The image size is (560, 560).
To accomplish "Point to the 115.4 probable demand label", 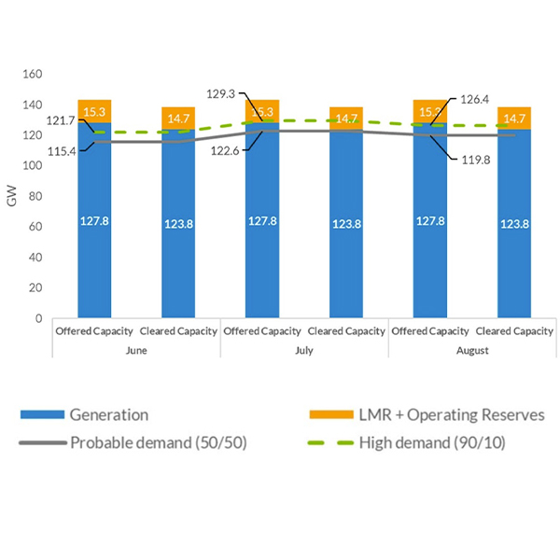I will click(x=63, y=150).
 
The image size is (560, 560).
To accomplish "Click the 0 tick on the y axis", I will click(x=38, y=318).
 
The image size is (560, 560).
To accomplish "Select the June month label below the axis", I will click(x=135, y=350).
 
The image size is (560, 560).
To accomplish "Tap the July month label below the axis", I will click(x=303, y=350).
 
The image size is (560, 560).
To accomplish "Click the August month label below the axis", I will click(x=471, y=350).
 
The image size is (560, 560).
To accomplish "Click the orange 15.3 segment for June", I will click(x=94, y=111).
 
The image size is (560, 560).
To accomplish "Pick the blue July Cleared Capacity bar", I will click(x=346, y=224).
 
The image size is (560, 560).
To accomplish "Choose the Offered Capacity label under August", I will click(x=429, y=331).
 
